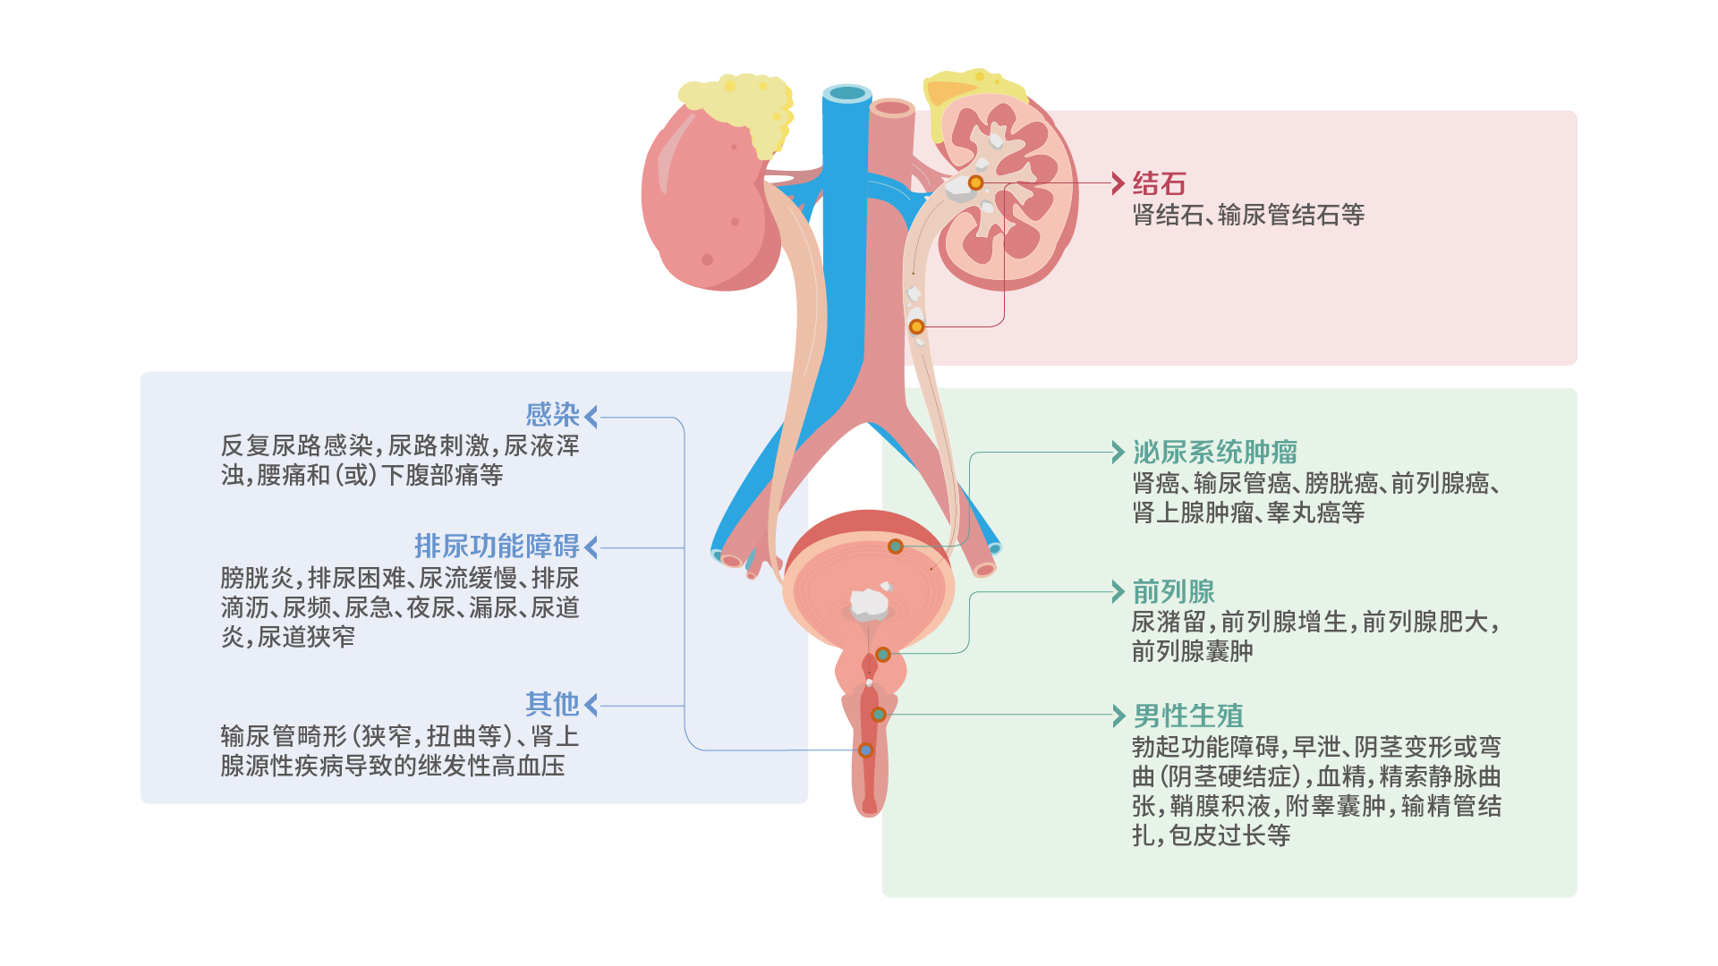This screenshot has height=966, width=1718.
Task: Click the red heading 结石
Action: pos(1159,183)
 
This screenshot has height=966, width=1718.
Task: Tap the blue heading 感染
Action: pos(553,415)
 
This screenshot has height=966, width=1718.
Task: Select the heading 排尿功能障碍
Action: pos(497,547)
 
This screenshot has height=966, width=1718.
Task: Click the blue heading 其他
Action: pos(553,705)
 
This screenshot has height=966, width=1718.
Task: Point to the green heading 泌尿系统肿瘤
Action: pos(1215,452)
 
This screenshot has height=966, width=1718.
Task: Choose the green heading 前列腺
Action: pos(1173,591)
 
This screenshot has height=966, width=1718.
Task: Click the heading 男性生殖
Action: pos(1187,716)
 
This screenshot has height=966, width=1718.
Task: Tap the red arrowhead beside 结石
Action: pos(1118,183)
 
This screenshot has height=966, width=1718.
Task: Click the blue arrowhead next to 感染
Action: pos(591,416)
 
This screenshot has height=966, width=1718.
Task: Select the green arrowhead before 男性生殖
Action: pos(1118,716)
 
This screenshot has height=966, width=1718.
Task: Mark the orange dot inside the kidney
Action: pos(975,182)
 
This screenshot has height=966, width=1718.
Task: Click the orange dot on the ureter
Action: pos(916,326)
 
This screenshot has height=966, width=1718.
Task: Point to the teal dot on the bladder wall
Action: pos(895,547)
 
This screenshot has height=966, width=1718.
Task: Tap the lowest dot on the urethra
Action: pos(865,750)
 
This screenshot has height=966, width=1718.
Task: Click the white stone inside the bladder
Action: pos(869,604)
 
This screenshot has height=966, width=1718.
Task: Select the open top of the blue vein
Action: pos(846,93)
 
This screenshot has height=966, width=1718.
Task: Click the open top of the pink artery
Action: pos(892,108)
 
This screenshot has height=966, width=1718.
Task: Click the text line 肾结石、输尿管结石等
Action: pos(1248,215)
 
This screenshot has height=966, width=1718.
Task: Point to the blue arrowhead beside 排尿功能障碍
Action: pos(591,547)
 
